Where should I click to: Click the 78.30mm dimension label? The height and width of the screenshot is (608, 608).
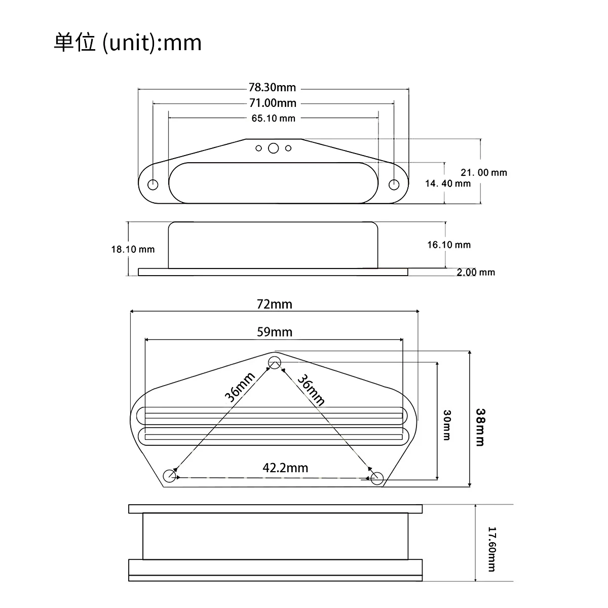coord(272,88)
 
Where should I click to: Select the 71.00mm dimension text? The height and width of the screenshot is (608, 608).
coord(272,103)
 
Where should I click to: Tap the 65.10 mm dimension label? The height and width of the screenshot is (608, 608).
coord(273,119)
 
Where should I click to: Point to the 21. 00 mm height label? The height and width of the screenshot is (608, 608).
coord(483,172)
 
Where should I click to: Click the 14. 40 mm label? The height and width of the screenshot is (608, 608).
coord(448,183)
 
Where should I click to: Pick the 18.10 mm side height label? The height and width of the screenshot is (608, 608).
coord(133,249)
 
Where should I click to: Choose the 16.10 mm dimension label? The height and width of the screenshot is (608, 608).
coord(448,245)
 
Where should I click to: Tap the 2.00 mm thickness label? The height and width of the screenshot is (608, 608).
coord(476,273)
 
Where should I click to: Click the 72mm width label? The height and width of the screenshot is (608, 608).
coord(274,304)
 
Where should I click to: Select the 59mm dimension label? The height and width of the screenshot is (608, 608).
coord(274,332)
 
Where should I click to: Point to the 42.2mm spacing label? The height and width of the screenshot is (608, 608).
coord(285,468)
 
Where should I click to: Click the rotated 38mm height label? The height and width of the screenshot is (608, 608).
coord(480,427)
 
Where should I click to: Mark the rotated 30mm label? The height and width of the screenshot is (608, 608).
coord(446,425)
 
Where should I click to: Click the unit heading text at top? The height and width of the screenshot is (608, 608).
coord(128,43)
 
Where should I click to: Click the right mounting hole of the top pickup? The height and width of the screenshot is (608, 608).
coord(394,184)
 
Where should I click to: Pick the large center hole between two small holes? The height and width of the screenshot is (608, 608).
coord(274,148)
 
